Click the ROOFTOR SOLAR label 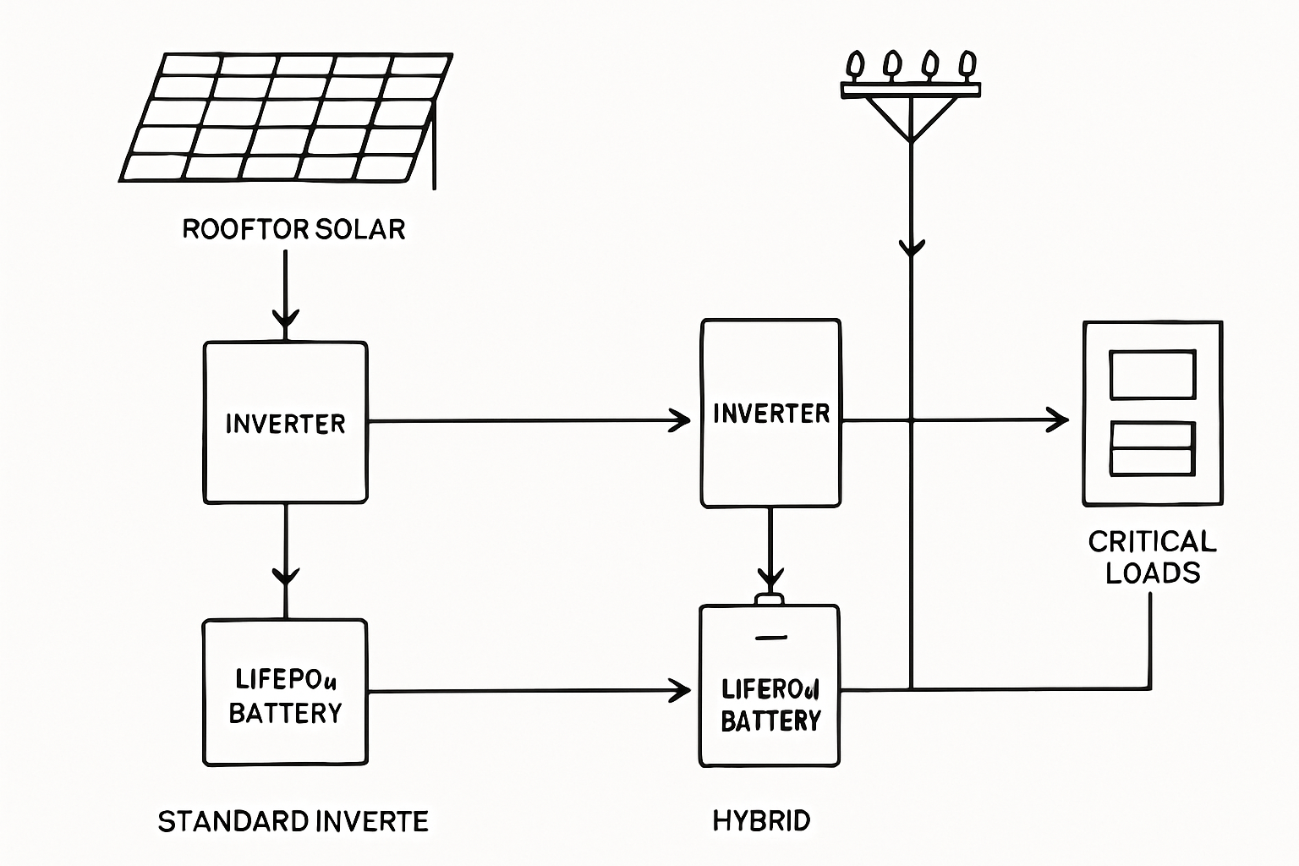(x=293, y=229)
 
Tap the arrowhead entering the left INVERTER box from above (x=286, y=321)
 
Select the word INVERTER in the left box (x=285, y=424)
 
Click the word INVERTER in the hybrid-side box (x=771, y=414)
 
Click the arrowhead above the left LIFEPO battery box (x=286, y=577)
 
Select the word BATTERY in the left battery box (x=285, y=714)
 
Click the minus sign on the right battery (x=770, y=638)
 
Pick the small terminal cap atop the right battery (x=770, y=600)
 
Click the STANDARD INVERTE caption (x=293, y=821)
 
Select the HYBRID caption (x=761, y=820)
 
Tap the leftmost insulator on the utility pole (x=855, y=64)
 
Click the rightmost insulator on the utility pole (x=967, y=64)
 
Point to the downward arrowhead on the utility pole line (x=912, y=248)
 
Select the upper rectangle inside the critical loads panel (x=1152, y=375)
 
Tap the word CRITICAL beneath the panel (x=1152, y=541)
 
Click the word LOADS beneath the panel (x=1152, y=573)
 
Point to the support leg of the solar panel (x=434, y=148)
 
